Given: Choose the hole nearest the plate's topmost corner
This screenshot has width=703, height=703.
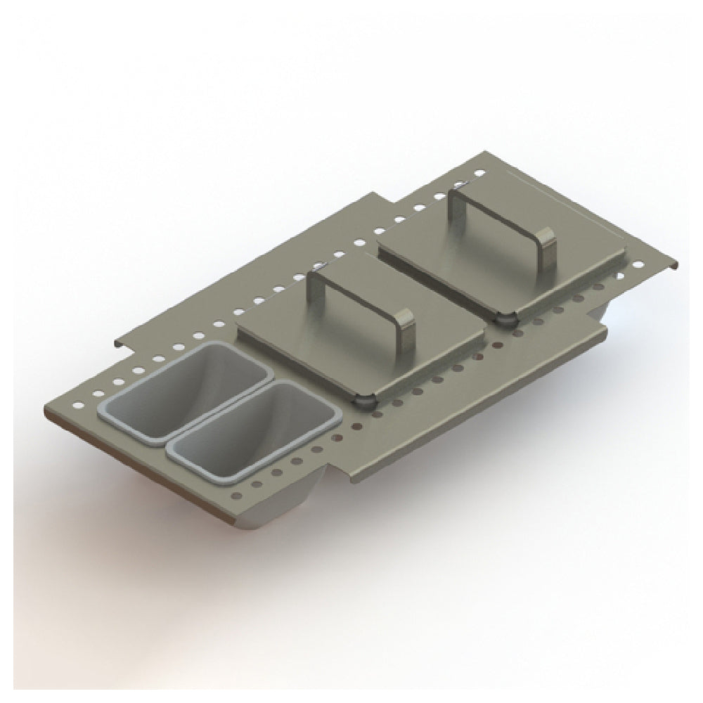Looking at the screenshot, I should coord(480,172).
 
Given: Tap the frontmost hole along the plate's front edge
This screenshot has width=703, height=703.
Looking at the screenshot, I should coord(239,497).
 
